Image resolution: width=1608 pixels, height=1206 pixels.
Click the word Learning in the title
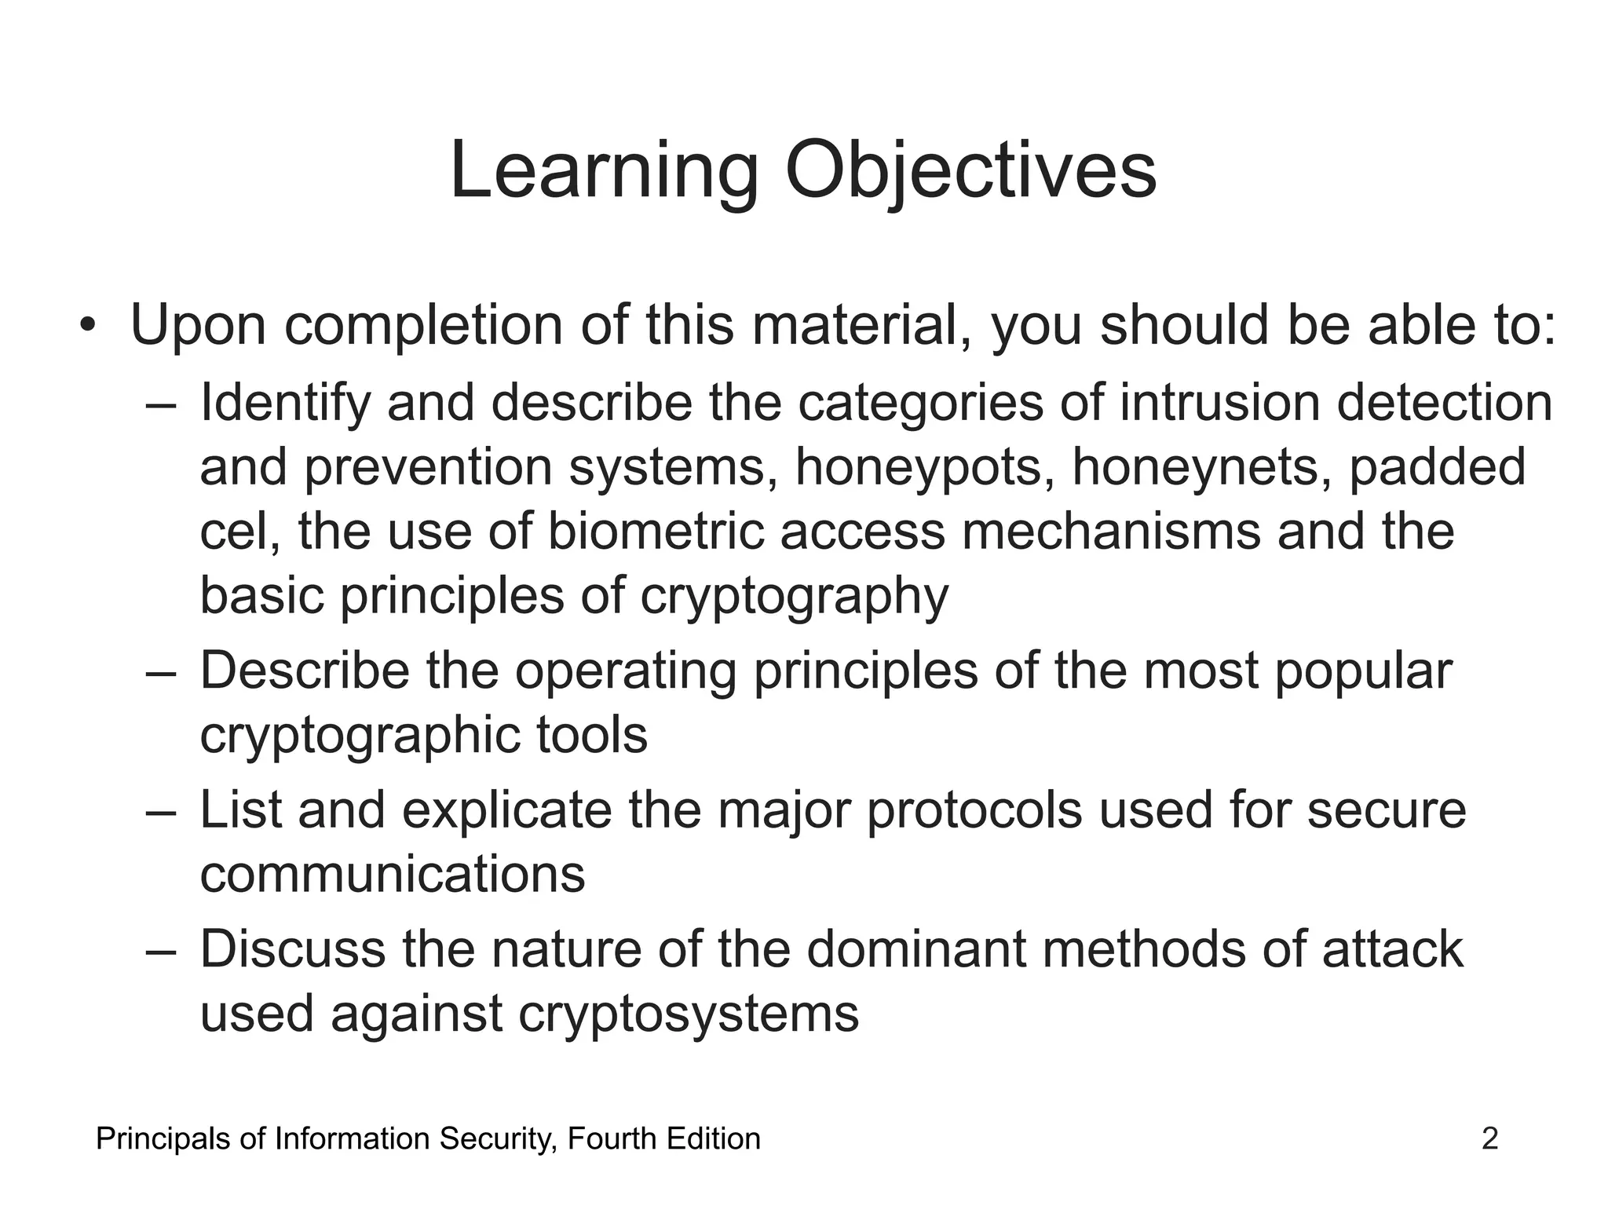click(604, 171)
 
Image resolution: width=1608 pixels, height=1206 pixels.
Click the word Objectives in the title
click(970, 171)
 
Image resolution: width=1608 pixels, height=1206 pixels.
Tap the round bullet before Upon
click(87, 325)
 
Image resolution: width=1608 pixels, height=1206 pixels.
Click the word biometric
click(655, 531)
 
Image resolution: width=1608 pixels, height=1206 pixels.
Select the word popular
click(1363, 672)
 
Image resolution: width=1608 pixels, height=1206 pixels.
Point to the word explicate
click(506, 810)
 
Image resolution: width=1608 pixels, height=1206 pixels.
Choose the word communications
click(393, 875)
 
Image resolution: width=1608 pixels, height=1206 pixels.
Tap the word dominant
click(916, 948)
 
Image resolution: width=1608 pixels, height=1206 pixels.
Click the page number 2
click(1489, 1138)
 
